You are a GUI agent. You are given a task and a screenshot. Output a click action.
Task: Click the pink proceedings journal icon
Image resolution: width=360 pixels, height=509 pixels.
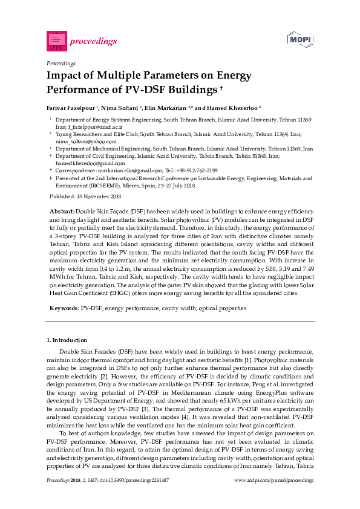(56, 41)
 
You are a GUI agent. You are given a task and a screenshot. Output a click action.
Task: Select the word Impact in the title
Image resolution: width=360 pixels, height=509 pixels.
(65, 77)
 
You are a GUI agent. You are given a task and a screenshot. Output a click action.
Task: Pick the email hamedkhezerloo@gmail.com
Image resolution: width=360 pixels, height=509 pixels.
(90, 163)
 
